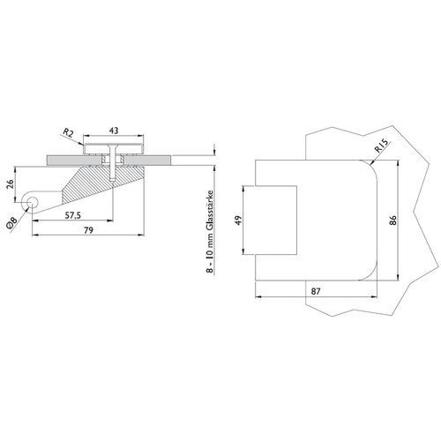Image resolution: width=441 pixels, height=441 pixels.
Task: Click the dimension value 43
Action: pyautogui.click(x=114, y=131)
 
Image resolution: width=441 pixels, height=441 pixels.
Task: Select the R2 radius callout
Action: pyautogui.click(x=68, y=133)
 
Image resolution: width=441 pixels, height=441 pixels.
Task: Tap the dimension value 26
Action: pyautogui.click(x=10, y=184)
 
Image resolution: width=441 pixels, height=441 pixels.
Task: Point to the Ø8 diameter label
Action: pyautogui.click(x=12, y=223)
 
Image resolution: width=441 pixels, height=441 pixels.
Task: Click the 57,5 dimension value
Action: pyautogui.click(x=73, y=215)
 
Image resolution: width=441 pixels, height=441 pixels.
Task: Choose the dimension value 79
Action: pyautogui.click(x=88, y=230)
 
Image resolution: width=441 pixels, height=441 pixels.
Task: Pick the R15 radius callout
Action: pyautogui.click(x=382, y=146)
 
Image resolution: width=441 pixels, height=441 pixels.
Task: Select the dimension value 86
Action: pyautogui.click(x=392, y=220)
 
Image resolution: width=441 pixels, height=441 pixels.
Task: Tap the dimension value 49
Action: pyautogui.click(x=238, y=220)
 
